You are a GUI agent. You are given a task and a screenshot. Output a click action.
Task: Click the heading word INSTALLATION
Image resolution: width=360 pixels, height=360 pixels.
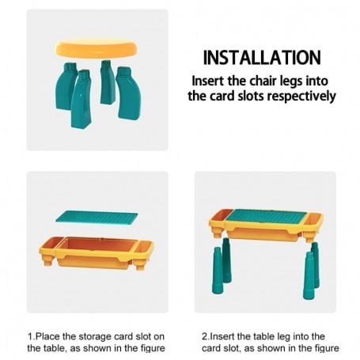point(262,58)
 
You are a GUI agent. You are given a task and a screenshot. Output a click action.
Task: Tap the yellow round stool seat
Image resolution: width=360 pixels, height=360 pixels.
point(97,48)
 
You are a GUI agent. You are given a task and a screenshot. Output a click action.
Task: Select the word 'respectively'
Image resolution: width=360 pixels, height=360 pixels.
point(301,97)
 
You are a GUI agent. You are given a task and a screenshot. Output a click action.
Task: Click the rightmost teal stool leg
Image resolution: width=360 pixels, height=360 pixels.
point(129,93)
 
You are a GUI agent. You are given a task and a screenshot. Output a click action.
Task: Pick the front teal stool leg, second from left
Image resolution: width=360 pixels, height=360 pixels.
point(81,99)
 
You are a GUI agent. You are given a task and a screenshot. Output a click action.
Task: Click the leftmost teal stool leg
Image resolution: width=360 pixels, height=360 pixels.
point(66,85)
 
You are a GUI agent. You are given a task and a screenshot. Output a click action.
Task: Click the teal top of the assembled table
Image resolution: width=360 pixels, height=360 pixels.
point(267,216)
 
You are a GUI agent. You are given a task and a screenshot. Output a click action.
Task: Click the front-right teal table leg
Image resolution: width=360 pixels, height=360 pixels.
point(309,275)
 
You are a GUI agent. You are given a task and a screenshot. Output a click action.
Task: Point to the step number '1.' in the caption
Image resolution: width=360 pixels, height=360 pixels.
point(32,336)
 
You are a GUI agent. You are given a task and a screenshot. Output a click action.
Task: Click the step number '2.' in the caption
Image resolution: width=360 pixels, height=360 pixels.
point(206,336)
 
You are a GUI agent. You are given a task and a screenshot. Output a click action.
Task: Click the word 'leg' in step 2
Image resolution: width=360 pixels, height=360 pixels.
point(284,337)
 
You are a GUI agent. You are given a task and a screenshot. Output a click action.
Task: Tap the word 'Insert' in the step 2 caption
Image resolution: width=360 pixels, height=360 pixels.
point(222,336)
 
